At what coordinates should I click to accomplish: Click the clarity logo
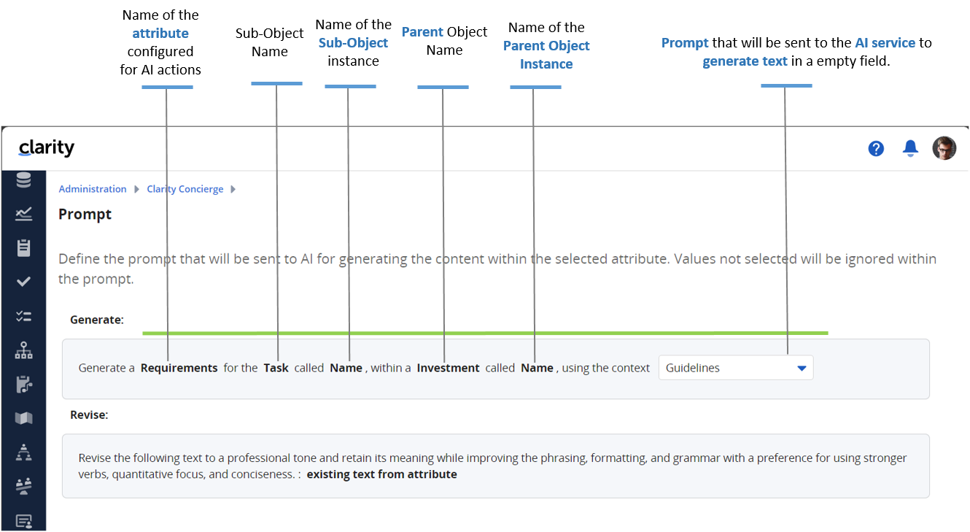pos(47,147)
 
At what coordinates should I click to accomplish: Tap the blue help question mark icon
pos(876,149)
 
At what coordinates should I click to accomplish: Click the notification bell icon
pos(910,148)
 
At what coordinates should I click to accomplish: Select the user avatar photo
pos(944,148)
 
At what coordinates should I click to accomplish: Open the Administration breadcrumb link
pos(93,189)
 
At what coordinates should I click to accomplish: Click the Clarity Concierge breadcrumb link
pos(185,189)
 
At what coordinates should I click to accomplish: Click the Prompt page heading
pos(85,214)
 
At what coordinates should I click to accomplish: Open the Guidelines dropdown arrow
pos(802,369)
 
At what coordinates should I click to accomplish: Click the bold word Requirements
pos(179,368)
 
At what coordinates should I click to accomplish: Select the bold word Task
pos(276,368)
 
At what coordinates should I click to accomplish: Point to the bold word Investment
pos(449,368)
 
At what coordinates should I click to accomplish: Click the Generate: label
pos(97,320)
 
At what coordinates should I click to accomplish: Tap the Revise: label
pos(89,415)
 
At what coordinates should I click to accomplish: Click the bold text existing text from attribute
pos(381,474)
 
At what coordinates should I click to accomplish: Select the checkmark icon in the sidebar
pos(23,282)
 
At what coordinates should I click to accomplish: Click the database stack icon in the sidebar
pos(23,180)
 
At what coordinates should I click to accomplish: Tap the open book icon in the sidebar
pos(24,418)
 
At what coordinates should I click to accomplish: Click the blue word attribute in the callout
pos(160,34)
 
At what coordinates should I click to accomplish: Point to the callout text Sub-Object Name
pos(269,42)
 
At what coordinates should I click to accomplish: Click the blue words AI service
pos(885,43)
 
